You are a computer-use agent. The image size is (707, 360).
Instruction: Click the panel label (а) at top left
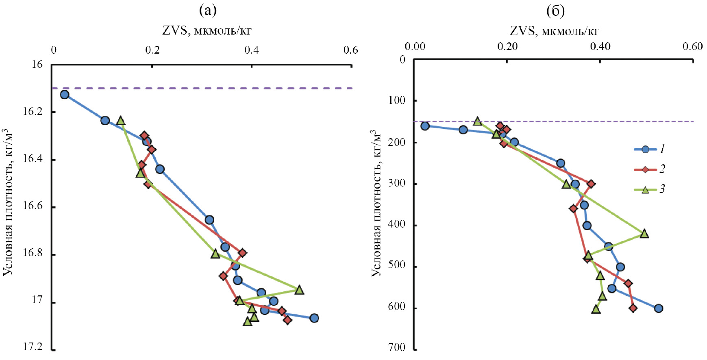coord(207,10)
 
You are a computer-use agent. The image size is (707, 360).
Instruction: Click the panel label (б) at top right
coord(555,11)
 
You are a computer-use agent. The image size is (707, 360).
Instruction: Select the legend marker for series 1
coord(645,150)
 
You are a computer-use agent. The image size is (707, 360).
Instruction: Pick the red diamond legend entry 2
coord(645,169)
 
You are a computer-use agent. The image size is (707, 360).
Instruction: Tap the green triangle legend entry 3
coord(645,189)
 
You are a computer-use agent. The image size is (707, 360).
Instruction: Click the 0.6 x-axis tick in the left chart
coord(351,50)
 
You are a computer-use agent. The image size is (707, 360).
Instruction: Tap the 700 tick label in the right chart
coord(397,348)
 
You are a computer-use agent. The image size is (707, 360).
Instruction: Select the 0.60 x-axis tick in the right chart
coord(692,46)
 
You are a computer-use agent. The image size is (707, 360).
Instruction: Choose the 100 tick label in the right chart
coord(397,100)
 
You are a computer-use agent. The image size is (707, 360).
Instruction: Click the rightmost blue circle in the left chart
coord(314,318)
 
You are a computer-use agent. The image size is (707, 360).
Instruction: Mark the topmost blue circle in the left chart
coord(64,95)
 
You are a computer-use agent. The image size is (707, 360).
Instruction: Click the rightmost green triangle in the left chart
coord(299,290)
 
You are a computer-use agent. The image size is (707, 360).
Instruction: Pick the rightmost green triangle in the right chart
coord(644,234)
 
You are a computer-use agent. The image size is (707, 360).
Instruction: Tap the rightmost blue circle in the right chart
coord(659,308)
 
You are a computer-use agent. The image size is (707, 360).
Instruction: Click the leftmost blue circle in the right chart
coord(425,126)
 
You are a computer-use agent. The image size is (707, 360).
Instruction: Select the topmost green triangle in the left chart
coord(120,121)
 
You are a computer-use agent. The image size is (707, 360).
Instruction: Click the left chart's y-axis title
coord(9,202)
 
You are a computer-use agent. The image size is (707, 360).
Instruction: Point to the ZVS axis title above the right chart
coord(555,31)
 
